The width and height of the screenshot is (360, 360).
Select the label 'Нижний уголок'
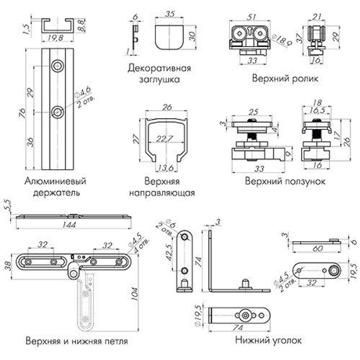[268, 340]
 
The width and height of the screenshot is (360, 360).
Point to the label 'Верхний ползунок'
[285, 181]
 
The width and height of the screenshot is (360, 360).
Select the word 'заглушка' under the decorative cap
[159, 79]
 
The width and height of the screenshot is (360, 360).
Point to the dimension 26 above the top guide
[167, 107]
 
